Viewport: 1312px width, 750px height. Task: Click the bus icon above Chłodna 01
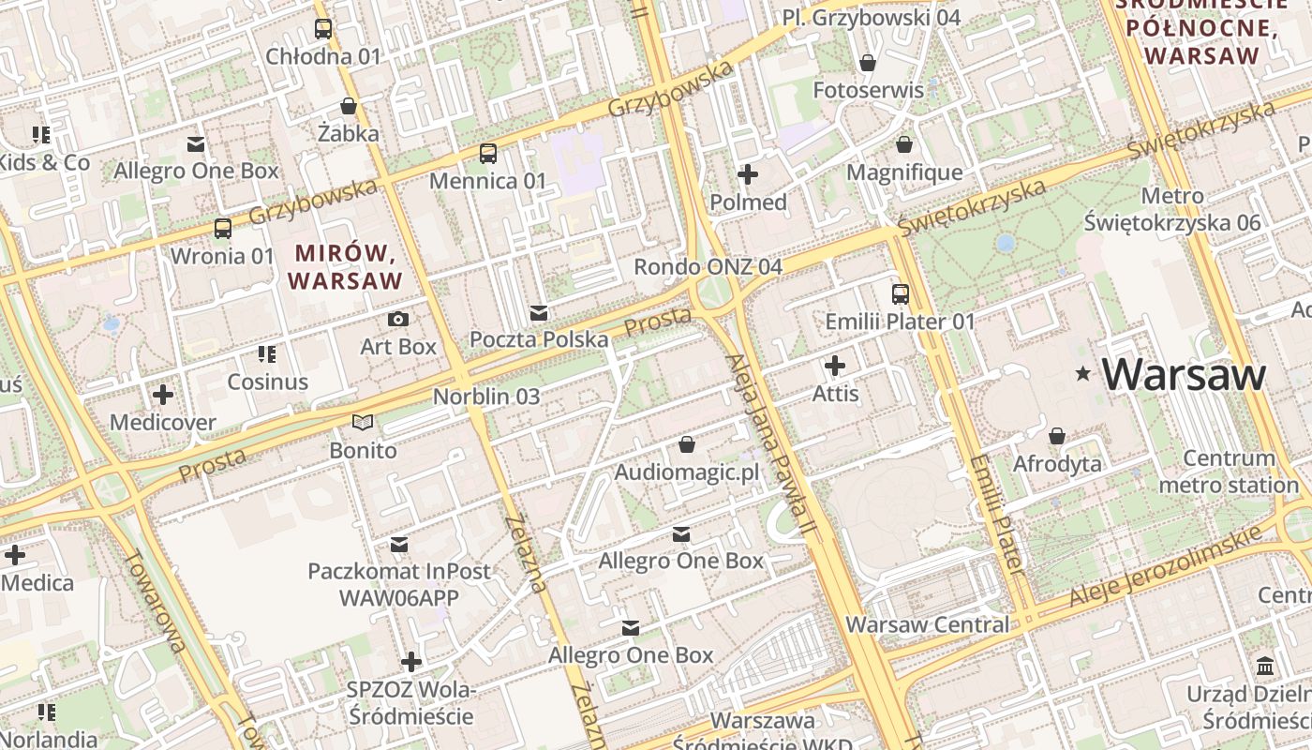pos(323,29)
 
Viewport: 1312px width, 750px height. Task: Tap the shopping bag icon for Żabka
pos(349,106)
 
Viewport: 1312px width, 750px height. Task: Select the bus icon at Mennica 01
pos(487,153)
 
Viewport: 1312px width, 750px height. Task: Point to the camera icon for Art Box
pos(398,319)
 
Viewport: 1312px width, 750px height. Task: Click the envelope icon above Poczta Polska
pos(539,312)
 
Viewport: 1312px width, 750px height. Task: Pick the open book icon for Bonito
pos(363,423)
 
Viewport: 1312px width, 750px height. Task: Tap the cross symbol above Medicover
pos(163,394)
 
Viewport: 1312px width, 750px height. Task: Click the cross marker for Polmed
pos(748,174)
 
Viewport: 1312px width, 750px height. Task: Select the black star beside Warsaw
pos(1083,374)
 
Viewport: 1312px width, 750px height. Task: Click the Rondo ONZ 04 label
pos(708,267)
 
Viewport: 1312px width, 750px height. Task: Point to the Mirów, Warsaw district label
pos(346,266)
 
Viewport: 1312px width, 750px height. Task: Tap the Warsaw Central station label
pos(928,624)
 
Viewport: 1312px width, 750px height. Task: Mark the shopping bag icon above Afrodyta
pos(1057,436)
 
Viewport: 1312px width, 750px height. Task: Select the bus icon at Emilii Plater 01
pos(900,293)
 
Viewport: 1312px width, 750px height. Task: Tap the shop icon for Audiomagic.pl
pos(687,444)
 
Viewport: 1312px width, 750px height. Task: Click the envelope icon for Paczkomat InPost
pos(399,544)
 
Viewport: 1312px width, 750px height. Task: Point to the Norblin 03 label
pos(486,397)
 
